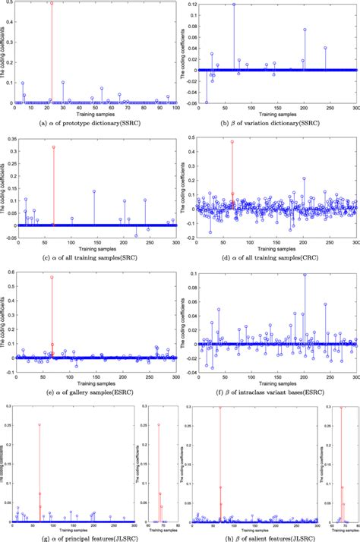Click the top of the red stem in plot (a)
pyautogui.click(x=51, y=3)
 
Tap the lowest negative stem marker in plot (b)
pyautogui.click(x=207, y=102)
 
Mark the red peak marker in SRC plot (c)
pyautogui.click(x=53, y=147)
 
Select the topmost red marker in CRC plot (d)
pyautogui.click(x=232, y=142)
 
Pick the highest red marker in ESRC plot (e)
pyautogui.click(x=52, y=278)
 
